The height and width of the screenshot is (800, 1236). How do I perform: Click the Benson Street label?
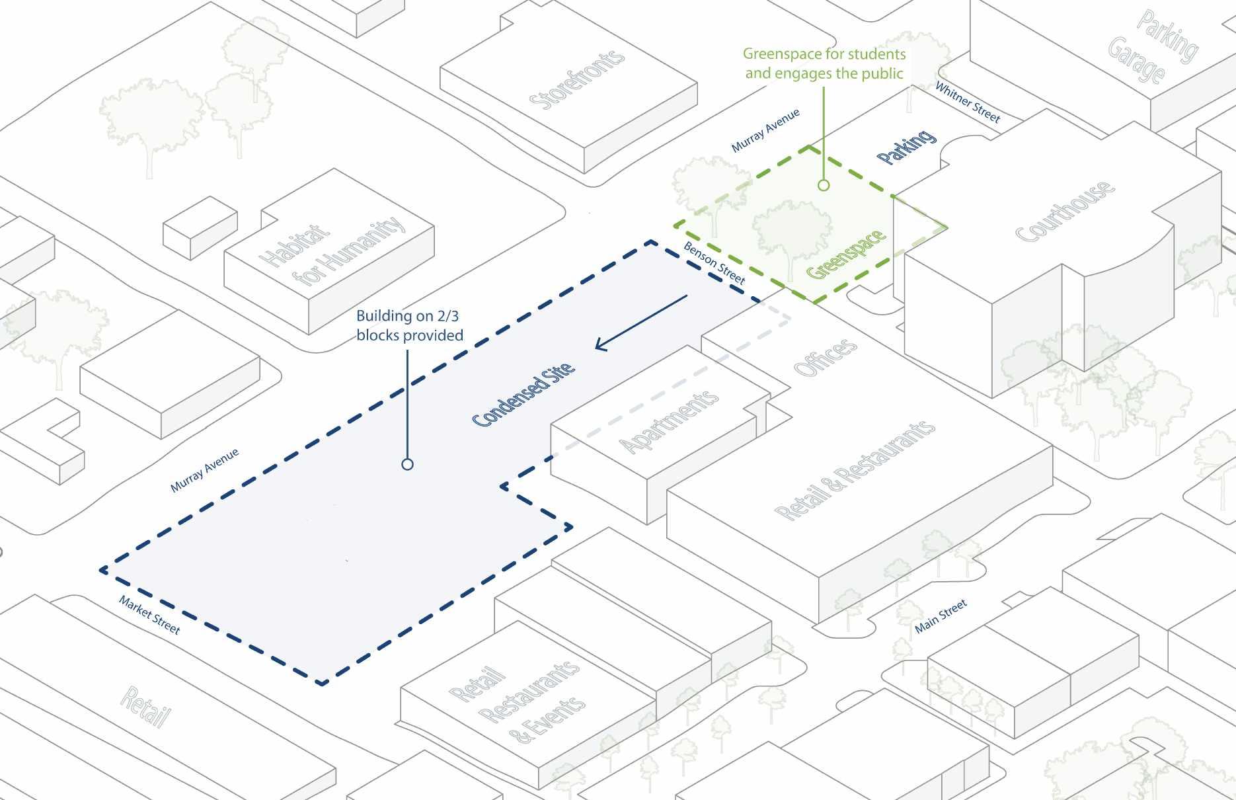[x=714, y=263]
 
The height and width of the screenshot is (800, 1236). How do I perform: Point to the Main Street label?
[x=941, y=616]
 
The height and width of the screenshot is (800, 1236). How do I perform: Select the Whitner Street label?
[x=968, y=102]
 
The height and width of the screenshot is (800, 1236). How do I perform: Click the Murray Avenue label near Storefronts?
[x=765, y=130]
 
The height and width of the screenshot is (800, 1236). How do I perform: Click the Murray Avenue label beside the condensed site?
[x=204, y=470]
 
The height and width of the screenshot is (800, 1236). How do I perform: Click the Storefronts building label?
[x=576, y=79]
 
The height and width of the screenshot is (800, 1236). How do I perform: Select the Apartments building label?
[x=669, y=421]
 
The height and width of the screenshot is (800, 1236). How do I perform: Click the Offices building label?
[x=826, y=358]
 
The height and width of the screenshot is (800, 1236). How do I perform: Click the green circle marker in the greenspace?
[x=823, y=185]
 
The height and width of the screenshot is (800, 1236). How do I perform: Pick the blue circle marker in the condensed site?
[x=407, y=464]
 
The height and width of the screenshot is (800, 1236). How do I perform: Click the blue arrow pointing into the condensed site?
[x=640, y=323]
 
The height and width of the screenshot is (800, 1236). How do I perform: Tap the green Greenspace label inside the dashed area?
[x=846, y=254]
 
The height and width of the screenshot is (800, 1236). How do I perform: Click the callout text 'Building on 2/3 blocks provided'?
[x=410, y=326]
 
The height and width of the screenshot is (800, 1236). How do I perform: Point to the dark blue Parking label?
[x=907, y=147]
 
